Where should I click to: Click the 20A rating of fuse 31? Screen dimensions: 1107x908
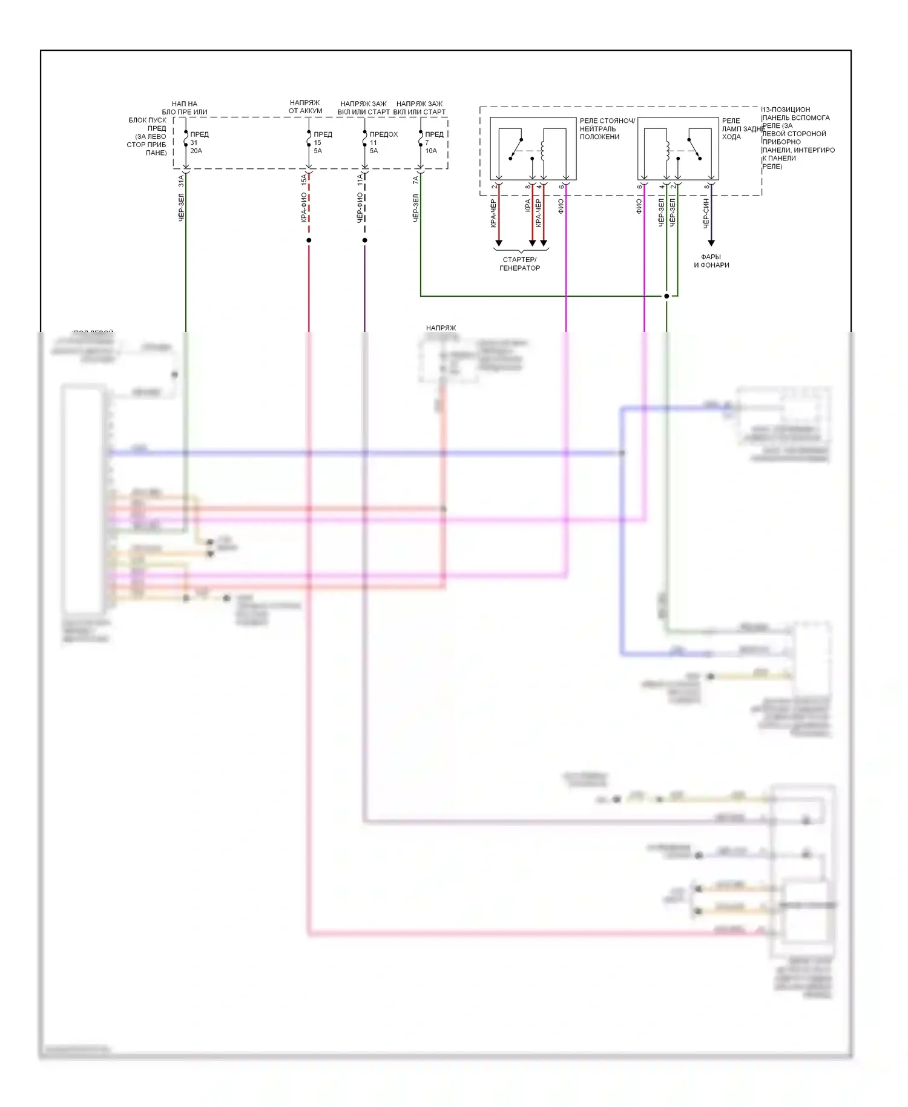coord(196,151)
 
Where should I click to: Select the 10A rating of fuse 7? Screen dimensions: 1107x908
coord(431,151)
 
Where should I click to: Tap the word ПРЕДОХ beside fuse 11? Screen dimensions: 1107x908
coord(384,134)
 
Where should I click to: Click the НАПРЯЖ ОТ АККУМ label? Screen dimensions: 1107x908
coord(305,107)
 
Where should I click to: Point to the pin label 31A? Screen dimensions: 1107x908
coord(180,180)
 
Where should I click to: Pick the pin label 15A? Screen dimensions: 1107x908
coord(304,180)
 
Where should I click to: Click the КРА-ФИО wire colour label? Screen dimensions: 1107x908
coord(304,208)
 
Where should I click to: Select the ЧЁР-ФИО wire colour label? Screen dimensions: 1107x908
coord(360,208)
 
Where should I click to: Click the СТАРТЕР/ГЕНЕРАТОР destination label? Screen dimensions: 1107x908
coord(519,263)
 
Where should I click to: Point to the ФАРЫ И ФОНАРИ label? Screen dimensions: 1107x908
coord(711,261)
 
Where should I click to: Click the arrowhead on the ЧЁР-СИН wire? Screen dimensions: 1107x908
coord(711,243)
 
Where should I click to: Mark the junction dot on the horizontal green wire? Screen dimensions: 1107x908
coord(666,296)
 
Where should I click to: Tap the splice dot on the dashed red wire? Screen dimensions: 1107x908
coord(309,240)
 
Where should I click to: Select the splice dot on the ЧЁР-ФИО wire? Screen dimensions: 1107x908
coord(364,240)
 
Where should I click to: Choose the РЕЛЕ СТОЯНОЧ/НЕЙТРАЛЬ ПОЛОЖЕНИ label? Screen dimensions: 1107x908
coord(607,128)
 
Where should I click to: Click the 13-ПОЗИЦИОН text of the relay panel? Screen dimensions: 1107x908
coord(786,110)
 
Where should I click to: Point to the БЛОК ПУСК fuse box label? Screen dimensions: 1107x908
coord(147,120)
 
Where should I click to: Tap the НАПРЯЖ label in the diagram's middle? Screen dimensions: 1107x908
coord(441,328)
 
